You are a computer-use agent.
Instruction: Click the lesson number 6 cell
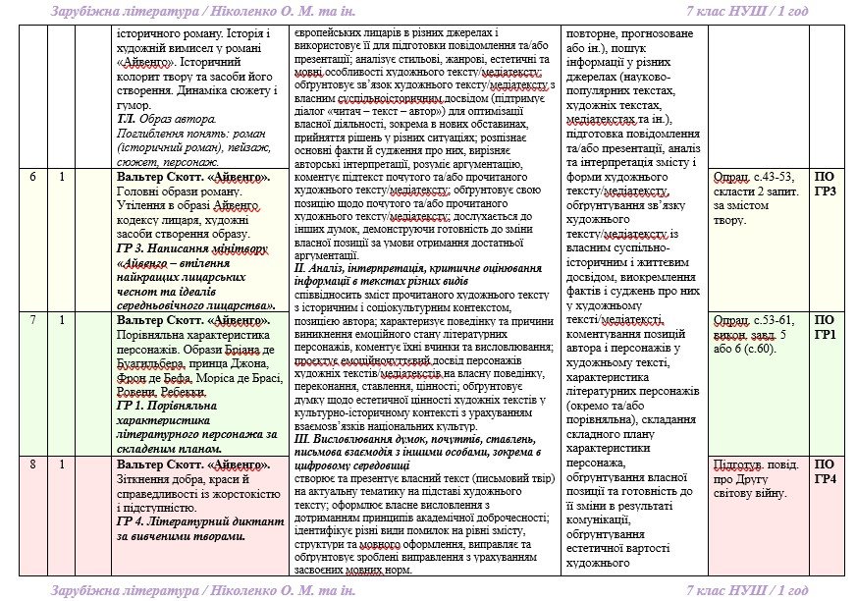[33, 178]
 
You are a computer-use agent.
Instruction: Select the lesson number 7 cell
[33, 320]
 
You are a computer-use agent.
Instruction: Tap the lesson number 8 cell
[33, 464]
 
